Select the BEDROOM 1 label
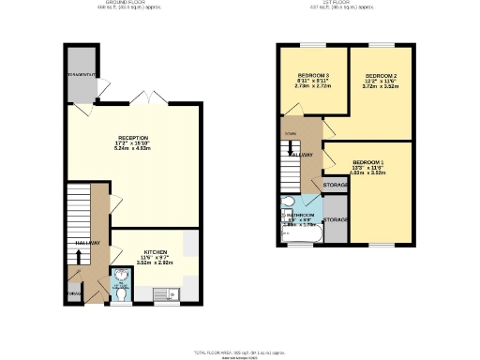tap(367, 161)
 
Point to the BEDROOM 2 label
tap(382, 75)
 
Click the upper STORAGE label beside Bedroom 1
tap(336, 186)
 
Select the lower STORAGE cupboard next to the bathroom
tap(336, 219)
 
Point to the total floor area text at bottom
tap(239, 351)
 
